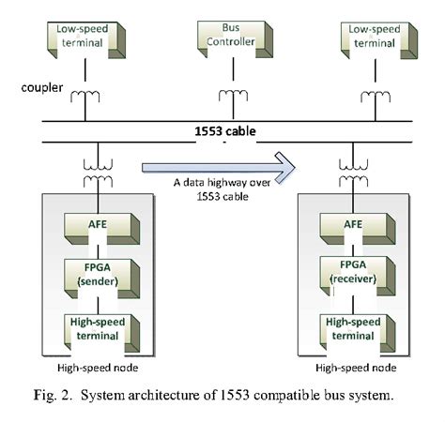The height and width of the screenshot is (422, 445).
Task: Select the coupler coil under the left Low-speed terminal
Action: click(x=85, y=95)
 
